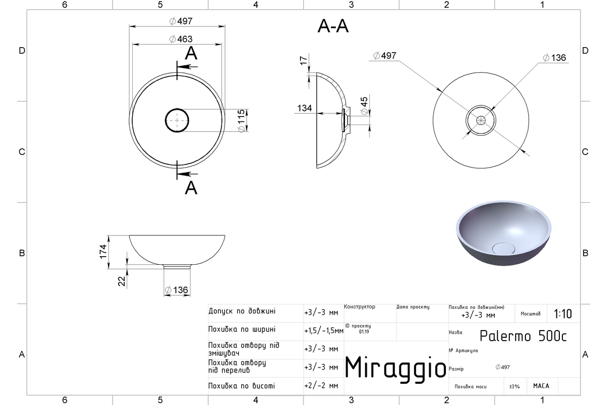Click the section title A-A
point(333,27)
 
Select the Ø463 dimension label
point(181,39)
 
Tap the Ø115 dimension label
point(241,120)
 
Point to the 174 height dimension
point(103,252)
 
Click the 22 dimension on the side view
point(122,281)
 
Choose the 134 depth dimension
point(305,108)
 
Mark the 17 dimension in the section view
point(303,60)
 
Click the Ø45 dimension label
point(364,105)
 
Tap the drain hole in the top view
point(177,120)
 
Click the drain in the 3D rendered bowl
point(503,248)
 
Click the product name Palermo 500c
point(523,336)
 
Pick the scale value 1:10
point(563,314)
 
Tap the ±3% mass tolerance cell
point(514,386)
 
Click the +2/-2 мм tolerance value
point(321,385)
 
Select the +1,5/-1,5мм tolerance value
point(324,331)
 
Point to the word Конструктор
point(359,306)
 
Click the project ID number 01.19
point(364,332)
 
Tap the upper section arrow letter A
point(191,53)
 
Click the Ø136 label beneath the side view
point(176,290)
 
